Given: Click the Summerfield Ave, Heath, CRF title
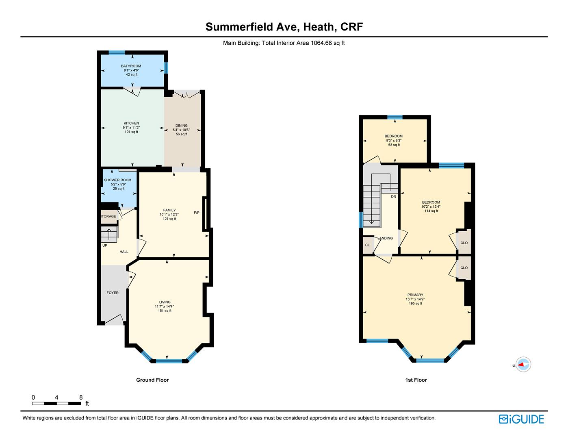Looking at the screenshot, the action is [284, 27].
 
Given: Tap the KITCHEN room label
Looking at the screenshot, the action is [131, 123].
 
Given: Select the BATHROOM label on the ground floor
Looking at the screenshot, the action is [131, 66].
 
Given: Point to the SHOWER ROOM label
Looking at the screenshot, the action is [118, 180].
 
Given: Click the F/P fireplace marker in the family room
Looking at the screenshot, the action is [197, 213].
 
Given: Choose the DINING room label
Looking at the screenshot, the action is [181, 126].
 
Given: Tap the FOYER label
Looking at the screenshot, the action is [113, 293].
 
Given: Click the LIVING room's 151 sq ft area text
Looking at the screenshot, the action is [165, 311].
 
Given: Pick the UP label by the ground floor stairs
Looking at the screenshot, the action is [105, 245].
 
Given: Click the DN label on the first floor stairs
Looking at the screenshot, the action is [393, 196].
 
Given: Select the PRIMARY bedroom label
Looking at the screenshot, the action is [415, 295].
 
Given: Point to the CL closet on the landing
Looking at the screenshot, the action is [367, 245].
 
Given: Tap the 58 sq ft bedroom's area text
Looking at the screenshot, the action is [394, 145].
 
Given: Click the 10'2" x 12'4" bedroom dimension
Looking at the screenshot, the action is [431, 206].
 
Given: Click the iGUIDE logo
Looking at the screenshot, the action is [521, 419].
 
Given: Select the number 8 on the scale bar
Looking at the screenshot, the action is [81, 397].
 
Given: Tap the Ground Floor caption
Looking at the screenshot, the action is [152, 380].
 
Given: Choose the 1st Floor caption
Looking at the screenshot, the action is [416, 380].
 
